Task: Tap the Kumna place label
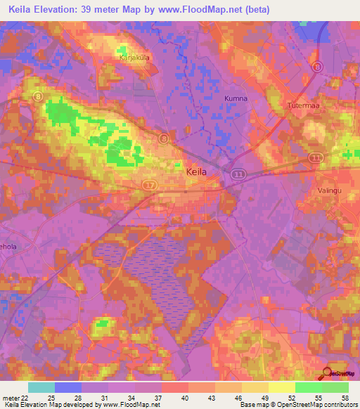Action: pyautogui.click(x=236, y=98)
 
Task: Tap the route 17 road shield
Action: pyautogui.click(x=149, y=185)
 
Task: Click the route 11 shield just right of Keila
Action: pyautogui.click(x=238, y=172)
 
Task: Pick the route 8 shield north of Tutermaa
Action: pyautogui.click(x=318, y=67)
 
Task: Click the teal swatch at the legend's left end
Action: pyautogui.click(x=41, y=387)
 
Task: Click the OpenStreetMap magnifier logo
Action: pyautogui.click(x=326, y=373)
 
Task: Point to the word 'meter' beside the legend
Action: pyautogui.click(x=9, y=398)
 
